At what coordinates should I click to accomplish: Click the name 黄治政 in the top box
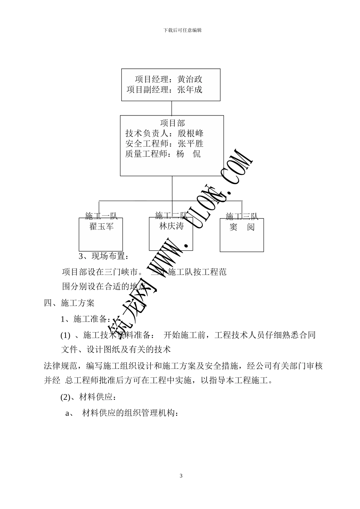(190, 80)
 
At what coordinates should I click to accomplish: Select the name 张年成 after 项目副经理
(190, 90)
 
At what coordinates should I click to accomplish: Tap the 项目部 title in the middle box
(172, 123)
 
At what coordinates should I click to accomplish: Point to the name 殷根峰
(191, 133)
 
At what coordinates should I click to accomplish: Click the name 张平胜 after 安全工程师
(191, 144)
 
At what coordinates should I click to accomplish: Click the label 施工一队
(101, 216)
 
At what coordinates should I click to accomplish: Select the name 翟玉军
(101, 226)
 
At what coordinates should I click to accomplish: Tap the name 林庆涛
(171, 226)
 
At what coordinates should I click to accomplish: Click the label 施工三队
(242, 217)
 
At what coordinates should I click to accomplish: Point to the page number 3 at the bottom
(181, 476)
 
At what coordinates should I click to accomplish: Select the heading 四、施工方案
(69, 303)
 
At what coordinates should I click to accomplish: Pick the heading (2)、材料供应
(88, 397)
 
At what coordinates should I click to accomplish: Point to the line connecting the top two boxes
(172, 108)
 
